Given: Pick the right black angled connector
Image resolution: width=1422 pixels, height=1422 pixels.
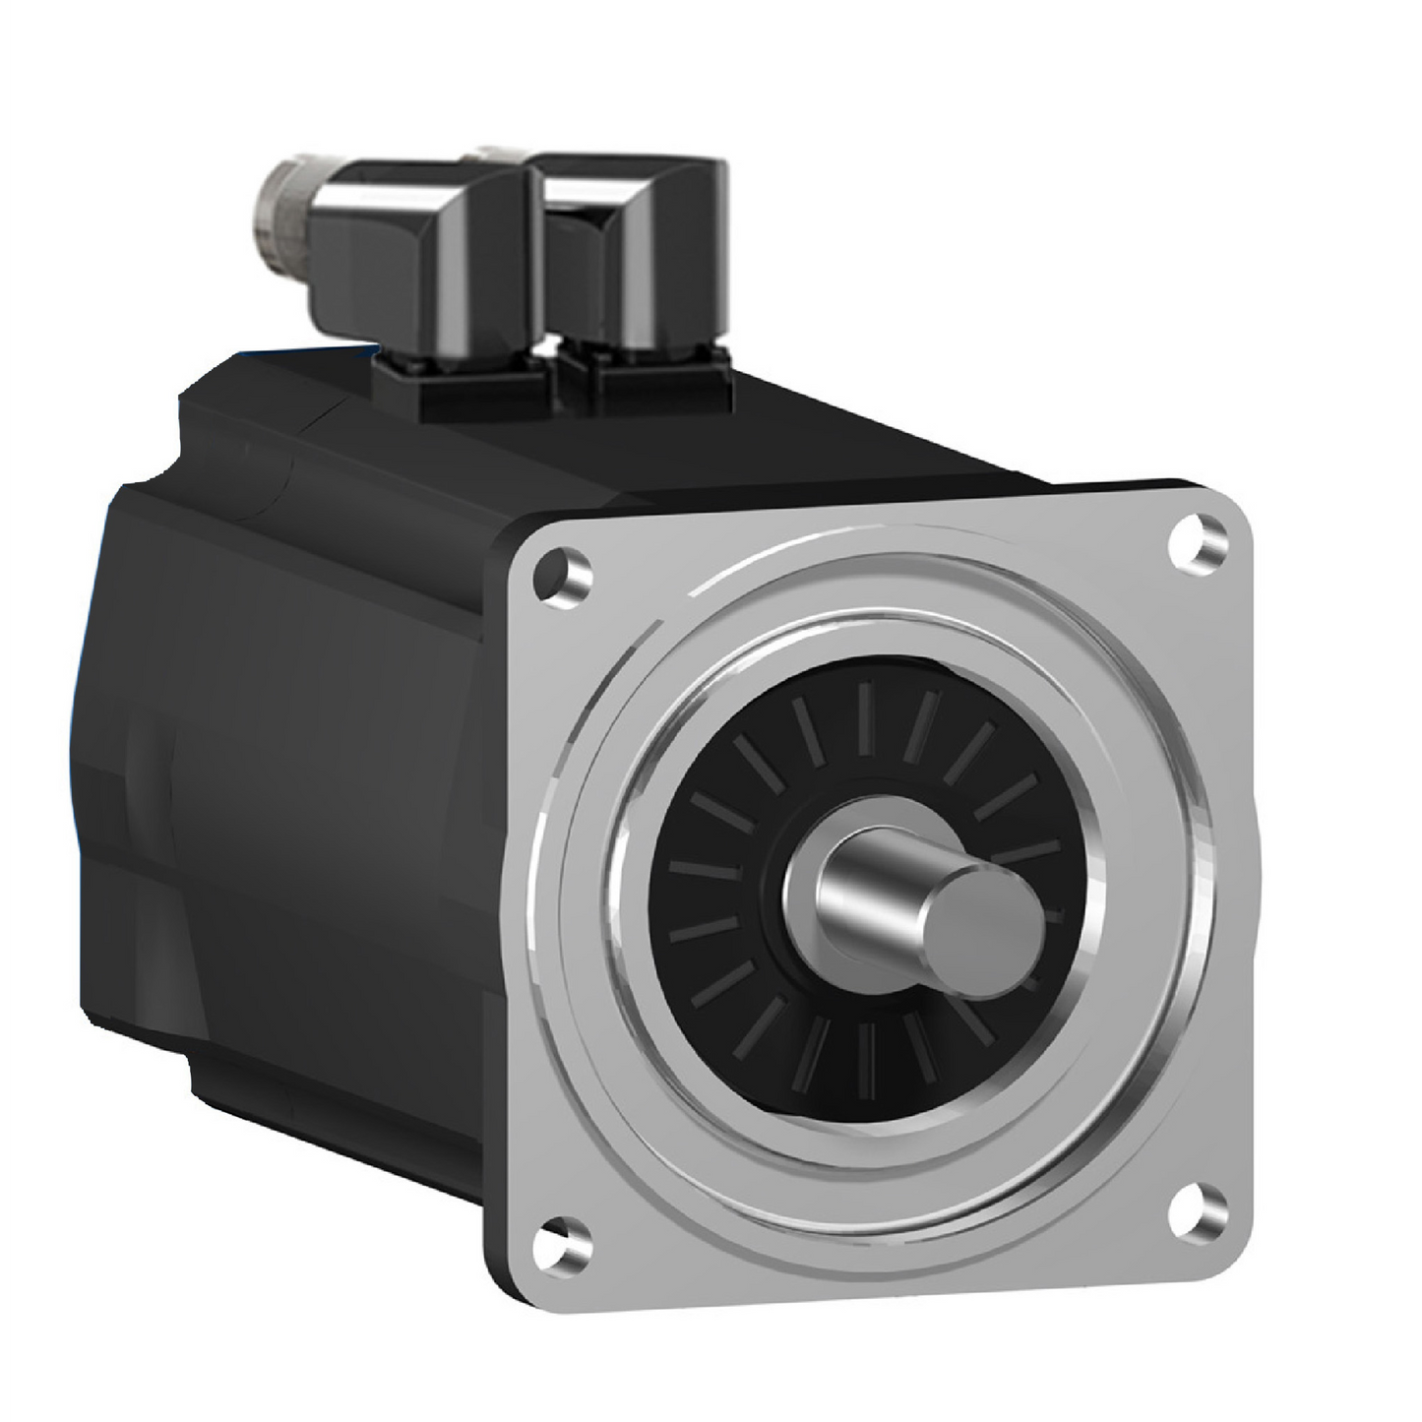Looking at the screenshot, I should coord(630,246).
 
